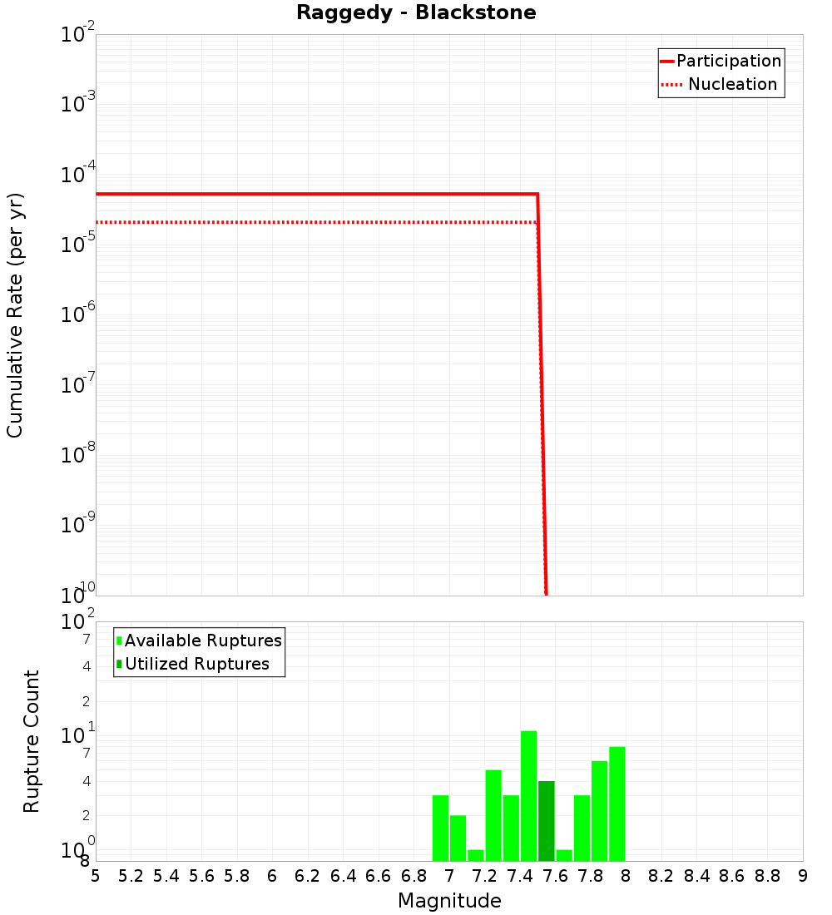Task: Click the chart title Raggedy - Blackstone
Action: pos(416,12)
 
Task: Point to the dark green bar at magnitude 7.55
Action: pos(546,821)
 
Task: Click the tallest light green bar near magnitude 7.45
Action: pos(528,796)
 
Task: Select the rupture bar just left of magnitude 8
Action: pos(617,804)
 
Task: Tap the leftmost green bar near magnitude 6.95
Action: pos(440,828)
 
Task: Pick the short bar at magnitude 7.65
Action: pos(564,855)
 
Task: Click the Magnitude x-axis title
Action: pos(449,901)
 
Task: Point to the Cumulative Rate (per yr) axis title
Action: pos(15,314)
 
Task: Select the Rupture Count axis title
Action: pos(32,741)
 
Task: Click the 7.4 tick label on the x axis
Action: pos(520,876)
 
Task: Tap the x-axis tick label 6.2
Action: pos(308,876)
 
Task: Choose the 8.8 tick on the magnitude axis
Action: pos(767,876)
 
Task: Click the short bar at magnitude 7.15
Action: pos(476,855)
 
